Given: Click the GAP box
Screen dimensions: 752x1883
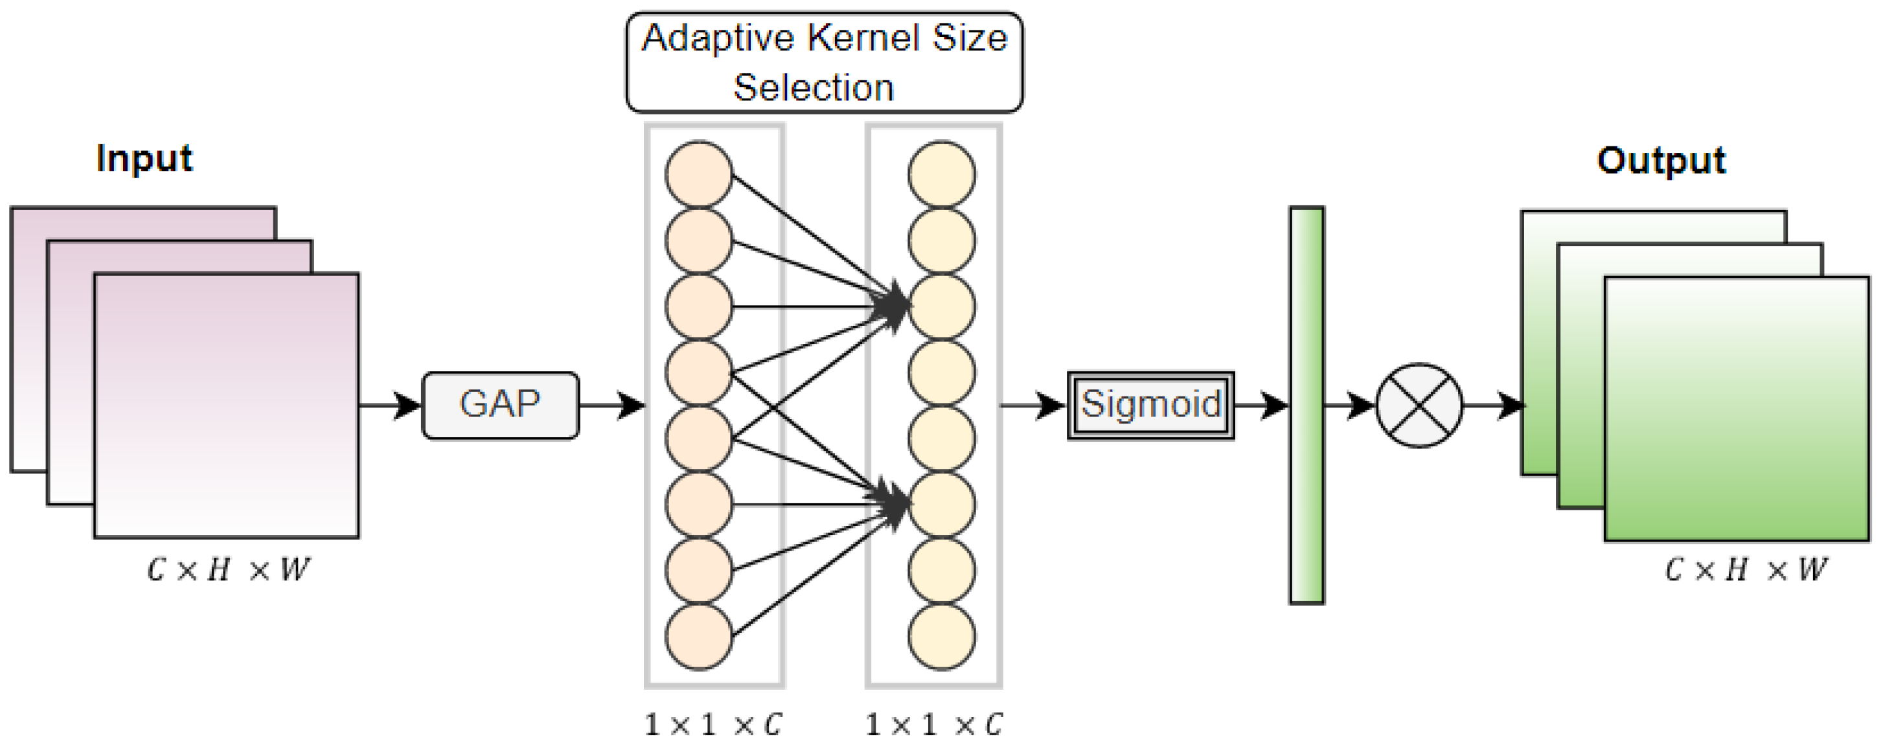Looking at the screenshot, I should (501, 405).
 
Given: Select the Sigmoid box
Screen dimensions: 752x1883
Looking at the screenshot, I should (1150, 405).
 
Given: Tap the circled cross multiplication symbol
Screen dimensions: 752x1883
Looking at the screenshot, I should (1420, 405).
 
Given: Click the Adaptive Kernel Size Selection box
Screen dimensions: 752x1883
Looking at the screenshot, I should (824, 63).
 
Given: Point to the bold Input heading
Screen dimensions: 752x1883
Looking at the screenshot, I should (144, 159).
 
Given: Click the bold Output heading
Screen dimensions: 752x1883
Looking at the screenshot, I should (1661, 161).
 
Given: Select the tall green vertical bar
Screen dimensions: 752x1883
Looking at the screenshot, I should (1307, 405).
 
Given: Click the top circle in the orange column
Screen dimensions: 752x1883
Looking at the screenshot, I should (699, 175).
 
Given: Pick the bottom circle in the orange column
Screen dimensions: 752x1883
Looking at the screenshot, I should (699, 637).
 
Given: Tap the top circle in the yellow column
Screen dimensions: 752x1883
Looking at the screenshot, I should (942, 175).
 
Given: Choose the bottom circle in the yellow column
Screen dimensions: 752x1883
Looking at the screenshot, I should (942, 637).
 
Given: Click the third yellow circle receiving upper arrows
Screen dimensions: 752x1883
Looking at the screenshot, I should (942, 307).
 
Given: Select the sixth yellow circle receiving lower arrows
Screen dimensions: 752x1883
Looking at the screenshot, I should (942, 505).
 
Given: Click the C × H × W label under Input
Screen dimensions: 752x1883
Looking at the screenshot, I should (228, 570).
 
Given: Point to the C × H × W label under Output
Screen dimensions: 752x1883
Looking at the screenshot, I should (1746, 570).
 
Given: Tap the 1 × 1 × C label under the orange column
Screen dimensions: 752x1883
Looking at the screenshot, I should (713, 725).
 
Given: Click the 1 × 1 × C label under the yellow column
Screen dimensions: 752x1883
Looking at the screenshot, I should (934, 725).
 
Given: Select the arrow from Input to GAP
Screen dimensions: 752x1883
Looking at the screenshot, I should (391, 405).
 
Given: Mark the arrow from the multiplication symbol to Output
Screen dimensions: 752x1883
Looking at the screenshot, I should (1492, 405).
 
